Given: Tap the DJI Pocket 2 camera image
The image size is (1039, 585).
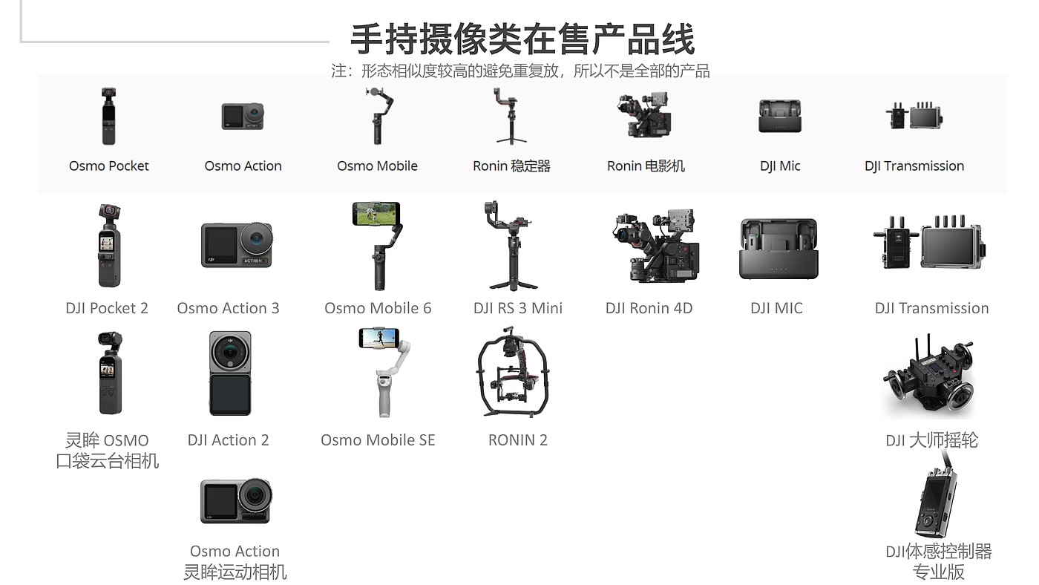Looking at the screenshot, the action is pyautogui.click(x=109, y=246).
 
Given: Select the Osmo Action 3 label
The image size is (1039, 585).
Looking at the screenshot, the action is pyautogui.click(x=228, y=308).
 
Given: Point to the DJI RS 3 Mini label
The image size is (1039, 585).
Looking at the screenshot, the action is pyautogui.click(x=518, y=308).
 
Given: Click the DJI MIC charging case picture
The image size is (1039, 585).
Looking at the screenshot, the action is pyautogui.click(x=778, y=249).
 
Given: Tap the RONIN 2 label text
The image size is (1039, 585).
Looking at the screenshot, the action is pyautogui.click(x=518, y=440).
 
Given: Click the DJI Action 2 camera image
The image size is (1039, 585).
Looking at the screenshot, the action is pyautogui.click(x=230, y=373).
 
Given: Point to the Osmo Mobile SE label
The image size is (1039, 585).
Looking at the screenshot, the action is pyautogui.click(x=378, y=440).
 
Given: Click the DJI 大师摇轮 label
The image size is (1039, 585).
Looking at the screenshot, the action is pyautogui.click(x=931, y=440).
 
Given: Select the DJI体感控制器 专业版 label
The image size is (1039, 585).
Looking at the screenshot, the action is pyautogui.click(x=938, y=561).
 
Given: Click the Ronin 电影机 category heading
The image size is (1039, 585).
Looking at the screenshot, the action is pyautogui.click(x=646, y=166).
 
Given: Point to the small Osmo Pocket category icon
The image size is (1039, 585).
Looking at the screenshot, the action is pyautogui.click(x=109, y=116).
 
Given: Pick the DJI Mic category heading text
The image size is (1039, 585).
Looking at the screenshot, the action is pyautogui.click(x=780, y=166).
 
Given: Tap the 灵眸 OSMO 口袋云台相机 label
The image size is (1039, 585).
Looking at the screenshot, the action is pyautogui.click(x=108, y=451).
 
